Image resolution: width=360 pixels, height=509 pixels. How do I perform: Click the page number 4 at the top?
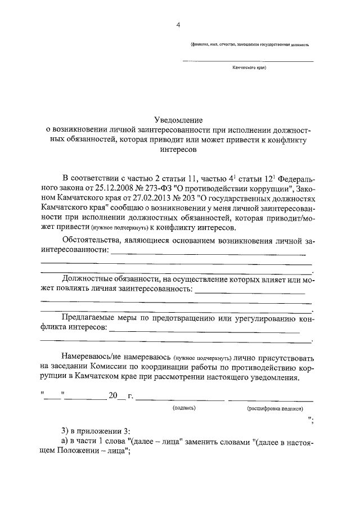178,25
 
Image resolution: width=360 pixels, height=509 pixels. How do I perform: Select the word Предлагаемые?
90,319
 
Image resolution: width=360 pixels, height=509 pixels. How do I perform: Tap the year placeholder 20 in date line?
113,396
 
